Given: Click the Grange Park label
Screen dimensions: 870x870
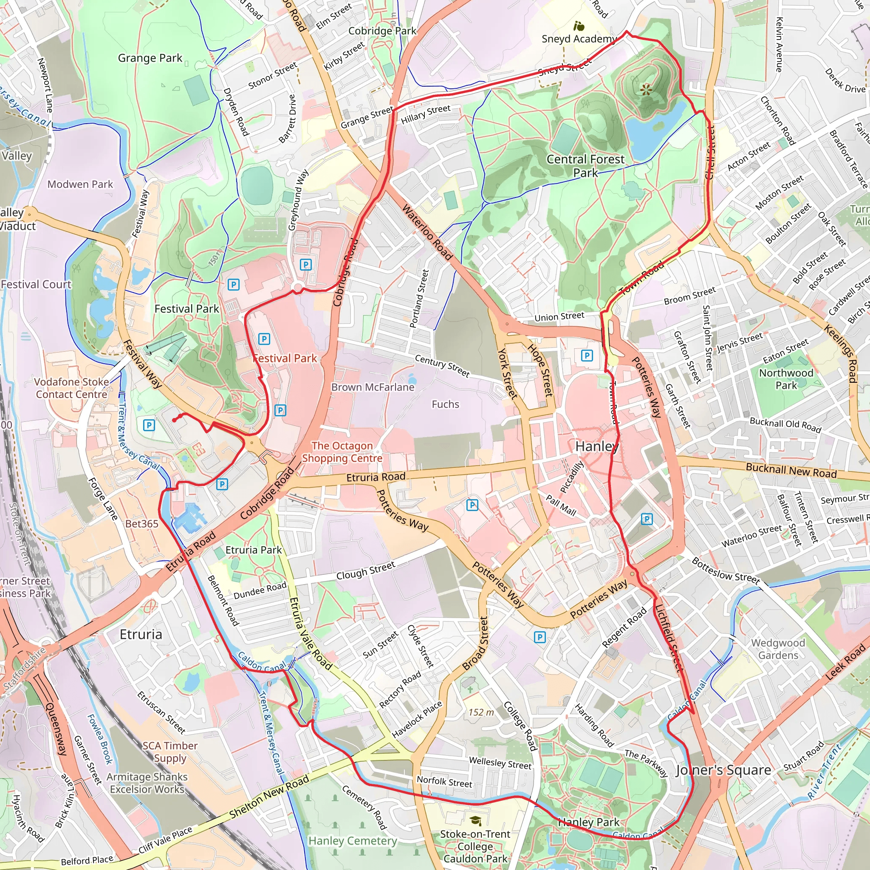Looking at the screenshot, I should (x=150, y=58).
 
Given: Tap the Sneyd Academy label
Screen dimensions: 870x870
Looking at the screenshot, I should (x=579, y=39).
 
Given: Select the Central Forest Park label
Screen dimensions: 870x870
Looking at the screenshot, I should (x=585, y=166).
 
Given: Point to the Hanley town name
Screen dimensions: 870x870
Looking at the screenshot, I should (x=597, y=446).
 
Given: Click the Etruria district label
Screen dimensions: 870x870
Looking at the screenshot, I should (x=141, y=635).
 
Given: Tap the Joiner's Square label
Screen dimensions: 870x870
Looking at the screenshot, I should (x=723, y=770).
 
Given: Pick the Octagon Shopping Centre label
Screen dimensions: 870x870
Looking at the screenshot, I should (x=342, y=452).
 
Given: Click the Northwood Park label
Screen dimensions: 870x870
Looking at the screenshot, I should (x=786, y=379).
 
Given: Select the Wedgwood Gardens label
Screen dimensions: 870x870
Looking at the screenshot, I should (x=778, y=649).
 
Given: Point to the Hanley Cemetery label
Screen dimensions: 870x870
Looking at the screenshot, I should (x=353, y=841).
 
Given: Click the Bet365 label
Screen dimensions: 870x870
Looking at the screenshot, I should (x=142, y=524).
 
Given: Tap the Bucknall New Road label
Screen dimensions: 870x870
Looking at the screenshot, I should (x=791, y=470).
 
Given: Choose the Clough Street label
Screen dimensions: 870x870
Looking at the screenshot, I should (x=366, y=571).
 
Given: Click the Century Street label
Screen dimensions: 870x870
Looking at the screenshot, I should (x=442, y=366).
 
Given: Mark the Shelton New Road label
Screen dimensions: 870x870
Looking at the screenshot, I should (x=269, y=797).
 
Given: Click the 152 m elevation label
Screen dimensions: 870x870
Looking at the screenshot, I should (x=481, y=712).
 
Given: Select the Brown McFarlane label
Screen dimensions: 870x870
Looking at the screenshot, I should (x=373, y=387).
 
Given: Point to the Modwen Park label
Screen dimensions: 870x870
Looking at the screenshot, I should (x=80, y=184).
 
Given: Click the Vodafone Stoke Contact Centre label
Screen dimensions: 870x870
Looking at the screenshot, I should (x=72, y=388).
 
